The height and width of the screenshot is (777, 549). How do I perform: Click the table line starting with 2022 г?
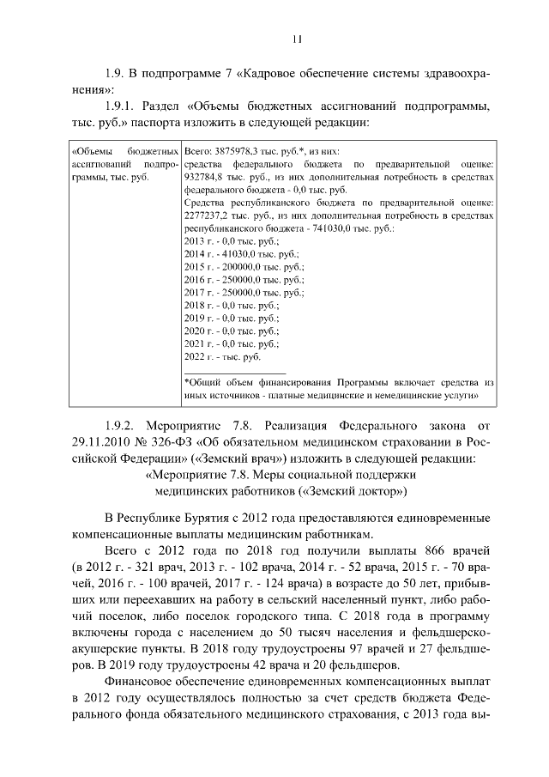pyautogui.click(x=222, y=355)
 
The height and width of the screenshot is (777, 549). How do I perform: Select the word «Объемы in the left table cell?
pyautogui.click(x=90, y=149)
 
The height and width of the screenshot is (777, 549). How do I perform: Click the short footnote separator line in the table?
pyautogui.click(x=223, y=371)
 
